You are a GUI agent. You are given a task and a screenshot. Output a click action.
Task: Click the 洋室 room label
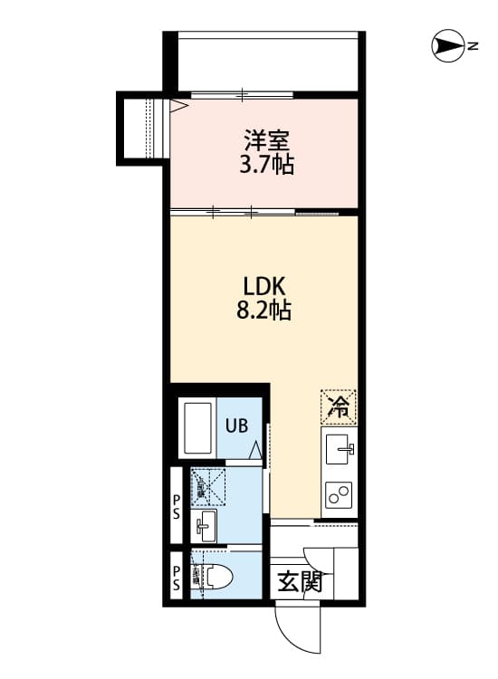click(x=267, y=141)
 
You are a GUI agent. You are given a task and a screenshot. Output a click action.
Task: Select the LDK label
click(x=263, y=286)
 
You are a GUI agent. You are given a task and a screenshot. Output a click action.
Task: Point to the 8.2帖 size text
click(x=263, y=311)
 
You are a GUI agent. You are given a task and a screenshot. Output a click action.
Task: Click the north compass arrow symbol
click(x=447, y=44)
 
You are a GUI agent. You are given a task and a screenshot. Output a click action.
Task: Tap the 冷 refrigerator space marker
click(x=339, y=406)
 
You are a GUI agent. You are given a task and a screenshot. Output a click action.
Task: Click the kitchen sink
click(x=340, y=447)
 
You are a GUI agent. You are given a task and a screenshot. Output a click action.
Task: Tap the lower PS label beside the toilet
click(x=177, y=576)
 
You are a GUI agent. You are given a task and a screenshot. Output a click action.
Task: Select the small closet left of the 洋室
click(x=140, y=126)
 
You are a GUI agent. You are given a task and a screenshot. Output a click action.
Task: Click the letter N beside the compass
click(x=472, y=44)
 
